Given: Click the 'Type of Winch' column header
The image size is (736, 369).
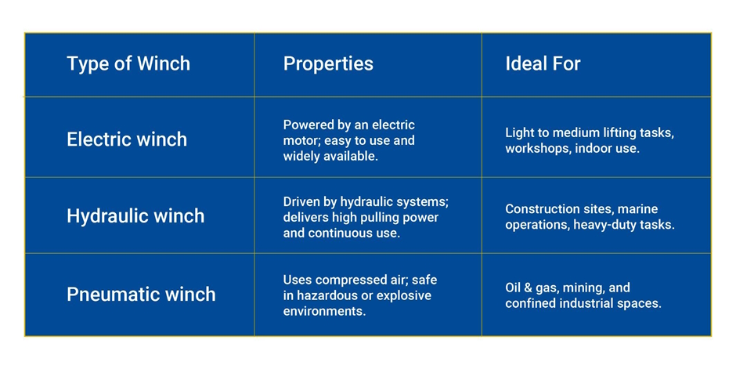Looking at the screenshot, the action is [128, 63].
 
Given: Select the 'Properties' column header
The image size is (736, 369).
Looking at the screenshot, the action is [328, 63].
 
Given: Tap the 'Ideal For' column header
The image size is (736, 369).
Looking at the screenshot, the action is [543, 63].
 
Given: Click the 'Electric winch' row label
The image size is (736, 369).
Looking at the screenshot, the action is [127, 139].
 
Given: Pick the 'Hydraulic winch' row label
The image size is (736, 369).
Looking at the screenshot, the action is [135, 216].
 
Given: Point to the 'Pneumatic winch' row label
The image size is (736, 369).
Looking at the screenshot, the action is [141, 295].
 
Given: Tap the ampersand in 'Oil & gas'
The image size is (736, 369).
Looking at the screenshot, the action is [528, 288].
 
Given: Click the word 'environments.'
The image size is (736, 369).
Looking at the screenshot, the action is [324, 311].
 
